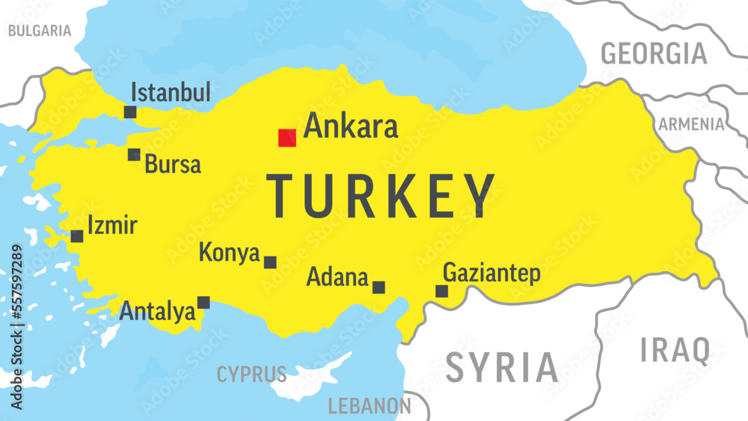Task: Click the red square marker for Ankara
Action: [x=287, y=138]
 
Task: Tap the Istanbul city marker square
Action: [x=130, y=112]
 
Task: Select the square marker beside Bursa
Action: [x=134, y=155]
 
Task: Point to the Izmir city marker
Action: [x=77, y=236]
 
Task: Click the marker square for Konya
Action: [x=270, y=262]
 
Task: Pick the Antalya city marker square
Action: [x=203, y=303]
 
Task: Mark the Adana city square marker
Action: [x=378, y=287]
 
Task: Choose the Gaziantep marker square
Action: [x=442, y=291]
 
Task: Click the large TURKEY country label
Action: [x=381, y=196]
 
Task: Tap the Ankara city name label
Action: [x=351, y=126]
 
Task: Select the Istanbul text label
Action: [x=171, y=93]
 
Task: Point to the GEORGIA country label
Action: [x=654, y=54]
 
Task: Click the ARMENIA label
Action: [x=691, y=124]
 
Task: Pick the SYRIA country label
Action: [x=502, y=367]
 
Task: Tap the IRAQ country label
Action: [x=675, y=350]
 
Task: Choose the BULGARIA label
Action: [x=40, y=31]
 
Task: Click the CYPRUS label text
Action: [x=251, y=374]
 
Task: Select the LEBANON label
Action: [x=370, y=406]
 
